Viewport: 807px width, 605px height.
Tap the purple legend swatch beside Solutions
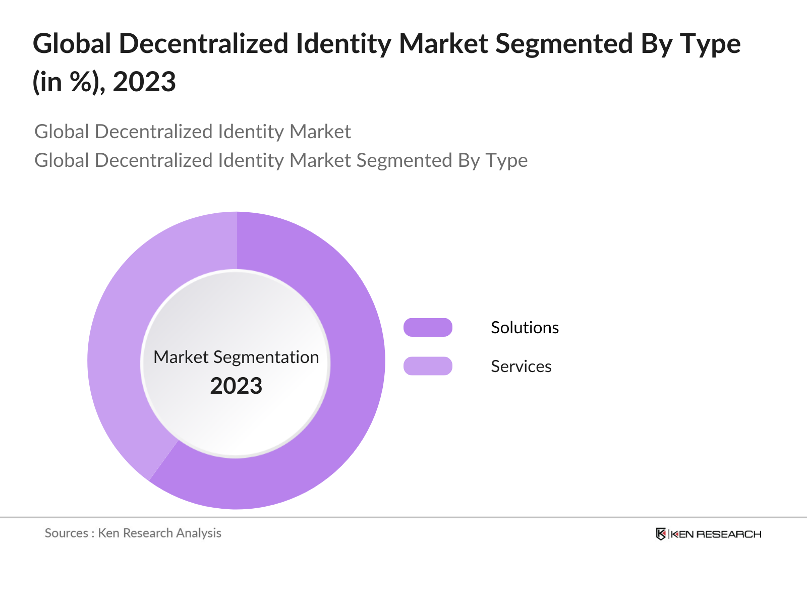(428, 327)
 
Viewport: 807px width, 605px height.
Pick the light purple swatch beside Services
(428, 366)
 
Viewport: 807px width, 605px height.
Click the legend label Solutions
(525, 328)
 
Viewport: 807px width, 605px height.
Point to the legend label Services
(521, 367)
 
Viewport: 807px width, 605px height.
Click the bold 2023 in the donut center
(236, 386)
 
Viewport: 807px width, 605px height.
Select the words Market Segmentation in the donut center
(236, 357)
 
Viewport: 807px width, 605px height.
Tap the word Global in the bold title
(72, 44)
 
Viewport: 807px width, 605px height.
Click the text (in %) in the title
(69, 82)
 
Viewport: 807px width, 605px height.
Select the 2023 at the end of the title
(144, 82)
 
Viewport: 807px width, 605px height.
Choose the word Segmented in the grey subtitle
(404, 160)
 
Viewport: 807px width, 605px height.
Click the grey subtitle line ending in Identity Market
(192, 132)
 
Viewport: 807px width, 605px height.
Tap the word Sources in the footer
(66, 533)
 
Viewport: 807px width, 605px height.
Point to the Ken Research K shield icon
(661, 534)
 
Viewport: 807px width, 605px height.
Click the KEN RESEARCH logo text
(716, 534)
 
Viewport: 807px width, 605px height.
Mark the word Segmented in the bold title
(563, 44)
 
